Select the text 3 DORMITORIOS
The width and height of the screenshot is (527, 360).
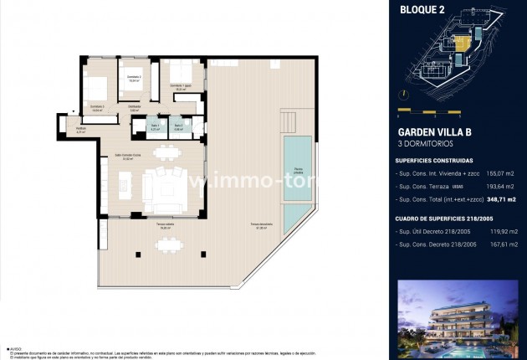click(x=424, y=144)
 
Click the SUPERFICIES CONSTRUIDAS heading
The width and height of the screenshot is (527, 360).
click(x=434, y=160)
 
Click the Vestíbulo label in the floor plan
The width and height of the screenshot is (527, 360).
click(x=81, y=128)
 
